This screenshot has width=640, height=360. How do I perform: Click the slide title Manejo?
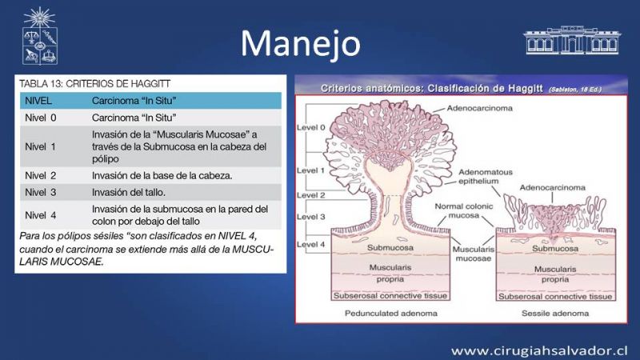click(x=301, y=43)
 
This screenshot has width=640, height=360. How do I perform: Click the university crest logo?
click(x=39, y=36)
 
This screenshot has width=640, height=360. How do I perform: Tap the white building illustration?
click(x=572, y=40)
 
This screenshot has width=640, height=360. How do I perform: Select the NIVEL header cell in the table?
click(x=38, y=101)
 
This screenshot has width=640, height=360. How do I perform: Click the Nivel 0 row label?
click(x=41, y=118)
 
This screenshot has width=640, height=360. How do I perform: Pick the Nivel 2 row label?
click(x=41, y=175)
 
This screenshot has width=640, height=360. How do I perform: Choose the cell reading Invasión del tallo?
click(x=129, y=192)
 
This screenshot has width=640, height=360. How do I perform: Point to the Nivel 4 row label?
click(x=41, y=215)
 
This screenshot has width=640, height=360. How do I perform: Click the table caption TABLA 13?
click(x=94, y=84)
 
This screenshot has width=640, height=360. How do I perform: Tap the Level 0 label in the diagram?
click(x=311, y=127)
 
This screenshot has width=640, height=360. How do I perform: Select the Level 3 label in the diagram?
click(x=311, y=217)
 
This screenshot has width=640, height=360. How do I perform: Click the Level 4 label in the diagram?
click(x=311, y=245)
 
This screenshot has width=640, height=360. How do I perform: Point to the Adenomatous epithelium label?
click(x=486, y=176)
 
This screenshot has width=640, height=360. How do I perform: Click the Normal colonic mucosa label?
click(x=464, y=210)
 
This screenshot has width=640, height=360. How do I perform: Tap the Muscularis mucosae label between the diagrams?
click(x=474, y=254)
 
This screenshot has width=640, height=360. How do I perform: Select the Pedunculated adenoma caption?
click(x=391, y=314)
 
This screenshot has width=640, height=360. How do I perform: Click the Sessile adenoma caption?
click(x=555, y=314)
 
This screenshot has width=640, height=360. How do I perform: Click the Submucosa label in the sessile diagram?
click(x=555, y=249)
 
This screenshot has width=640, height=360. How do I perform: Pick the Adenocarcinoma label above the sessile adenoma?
click(x=552, y=188)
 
